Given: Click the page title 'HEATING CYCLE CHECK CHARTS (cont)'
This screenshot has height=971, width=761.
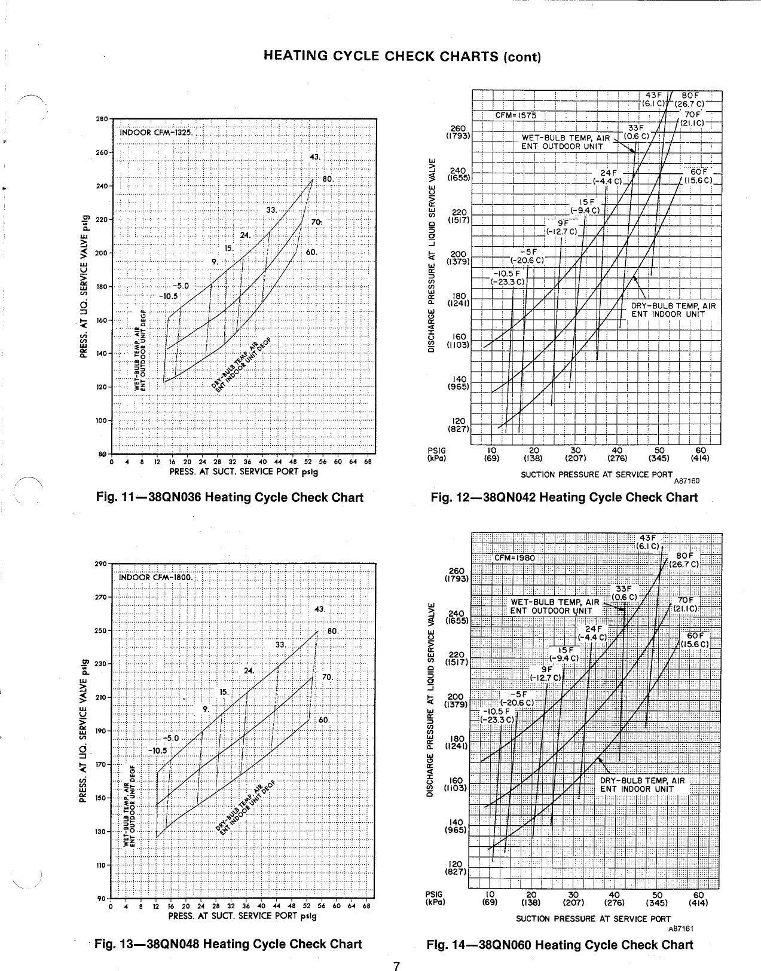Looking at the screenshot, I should [x=402, y=57].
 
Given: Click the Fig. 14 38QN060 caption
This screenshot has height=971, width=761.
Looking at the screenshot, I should [x=560, y=945].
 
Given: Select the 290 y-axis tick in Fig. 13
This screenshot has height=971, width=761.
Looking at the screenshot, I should [x=100, y=563].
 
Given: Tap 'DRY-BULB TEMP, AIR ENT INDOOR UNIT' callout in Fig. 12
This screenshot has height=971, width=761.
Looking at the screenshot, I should [x=673, y=310].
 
